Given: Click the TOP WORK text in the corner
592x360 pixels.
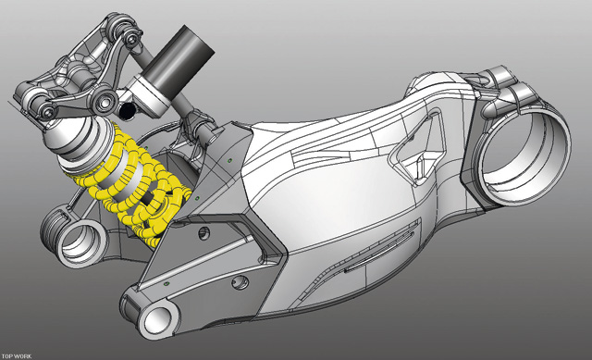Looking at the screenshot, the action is click(17, 356).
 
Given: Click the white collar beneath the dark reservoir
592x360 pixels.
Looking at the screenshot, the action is click(150, 95).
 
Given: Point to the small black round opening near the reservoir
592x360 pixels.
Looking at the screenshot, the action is click(127, 110).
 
